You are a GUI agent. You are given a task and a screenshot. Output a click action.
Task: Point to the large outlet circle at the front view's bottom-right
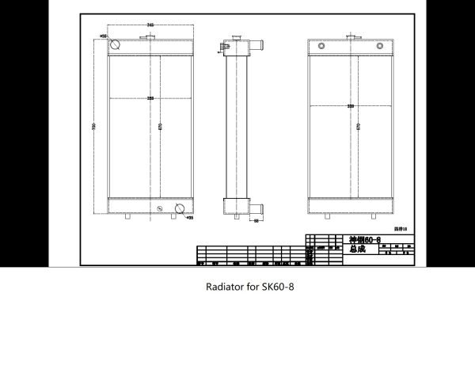click(x=180, y=209)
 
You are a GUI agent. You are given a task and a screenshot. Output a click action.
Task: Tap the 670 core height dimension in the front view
click(x=161, y=126)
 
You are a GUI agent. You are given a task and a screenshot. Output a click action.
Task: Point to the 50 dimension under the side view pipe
click(x=257, y=222)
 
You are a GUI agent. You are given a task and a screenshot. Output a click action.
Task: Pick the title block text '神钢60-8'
click(x=365, y=239)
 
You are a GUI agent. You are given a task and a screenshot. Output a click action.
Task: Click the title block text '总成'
click(x=357, y=249)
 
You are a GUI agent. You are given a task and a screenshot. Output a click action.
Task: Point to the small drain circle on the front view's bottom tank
click(x=161, y=209)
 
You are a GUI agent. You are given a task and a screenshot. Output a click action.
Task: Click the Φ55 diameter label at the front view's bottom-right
click(x=190, y=217)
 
